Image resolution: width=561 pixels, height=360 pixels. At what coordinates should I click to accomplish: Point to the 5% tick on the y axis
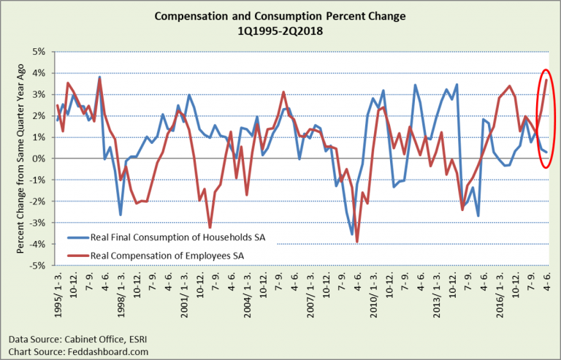(39, 52)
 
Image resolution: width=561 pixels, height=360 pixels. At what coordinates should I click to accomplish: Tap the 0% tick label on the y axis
(39, 158)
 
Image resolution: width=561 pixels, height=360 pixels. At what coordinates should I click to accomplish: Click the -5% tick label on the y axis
(37, 266)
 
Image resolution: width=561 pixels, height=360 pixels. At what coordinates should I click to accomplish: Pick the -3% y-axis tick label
(37, 223)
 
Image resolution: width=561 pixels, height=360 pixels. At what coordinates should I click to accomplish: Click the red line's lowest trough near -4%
(357, 242)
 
